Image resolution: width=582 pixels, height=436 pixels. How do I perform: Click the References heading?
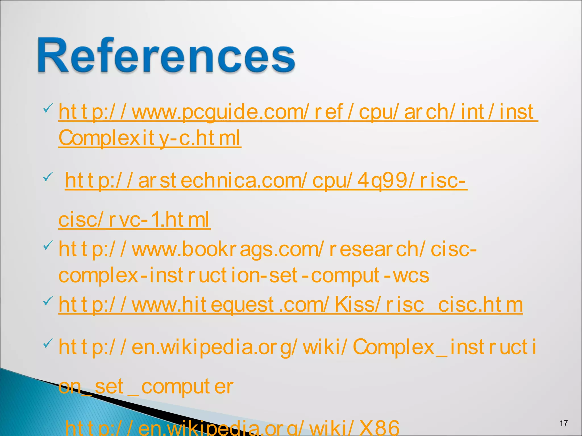coord(166,55)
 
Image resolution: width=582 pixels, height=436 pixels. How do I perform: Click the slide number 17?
coord(564,424)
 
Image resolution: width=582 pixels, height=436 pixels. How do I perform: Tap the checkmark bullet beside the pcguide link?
coord(48,108)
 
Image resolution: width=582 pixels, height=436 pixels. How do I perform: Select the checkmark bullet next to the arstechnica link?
coord(48,177)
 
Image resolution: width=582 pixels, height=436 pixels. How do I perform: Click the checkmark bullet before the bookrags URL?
coord(48,245)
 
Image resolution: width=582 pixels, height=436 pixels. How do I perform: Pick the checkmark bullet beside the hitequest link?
coord(48,300)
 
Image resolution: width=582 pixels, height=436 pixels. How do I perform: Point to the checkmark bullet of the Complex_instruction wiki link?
coord(48,343)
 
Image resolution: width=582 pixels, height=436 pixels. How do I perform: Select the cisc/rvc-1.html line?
coord(134,220)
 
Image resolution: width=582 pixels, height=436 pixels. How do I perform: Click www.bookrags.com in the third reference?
coord(226,249)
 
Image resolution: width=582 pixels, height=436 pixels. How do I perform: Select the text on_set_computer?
coord(146,387)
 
